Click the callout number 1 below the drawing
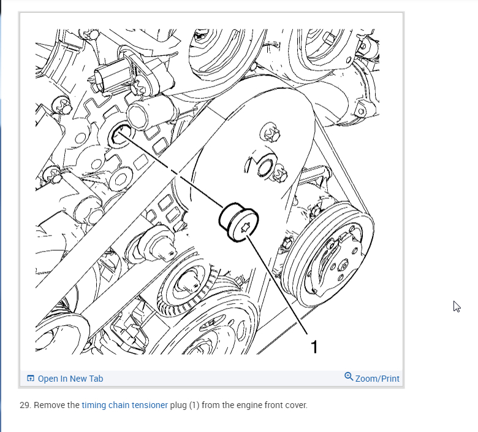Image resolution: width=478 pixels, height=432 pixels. pos(314,347)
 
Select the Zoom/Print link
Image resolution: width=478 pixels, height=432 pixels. pos(377,379)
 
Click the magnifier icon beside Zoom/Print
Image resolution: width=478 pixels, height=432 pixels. pos(349,376)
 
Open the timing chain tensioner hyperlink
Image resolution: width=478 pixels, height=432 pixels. pos(124,405)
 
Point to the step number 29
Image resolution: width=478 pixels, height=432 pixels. pos(25,405)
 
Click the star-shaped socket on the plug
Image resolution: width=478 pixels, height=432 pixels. pos(246,228)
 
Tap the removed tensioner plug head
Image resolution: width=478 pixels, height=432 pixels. pos(239,222)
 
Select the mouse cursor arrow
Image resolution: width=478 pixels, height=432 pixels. pos(457,307)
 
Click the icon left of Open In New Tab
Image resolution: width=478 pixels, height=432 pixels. pos(31,378)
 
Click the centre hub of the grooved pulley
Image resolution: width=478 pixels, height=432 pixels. pos(343,265)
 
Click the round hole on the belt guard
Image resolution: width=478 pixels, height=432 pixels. pos(265,168)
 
